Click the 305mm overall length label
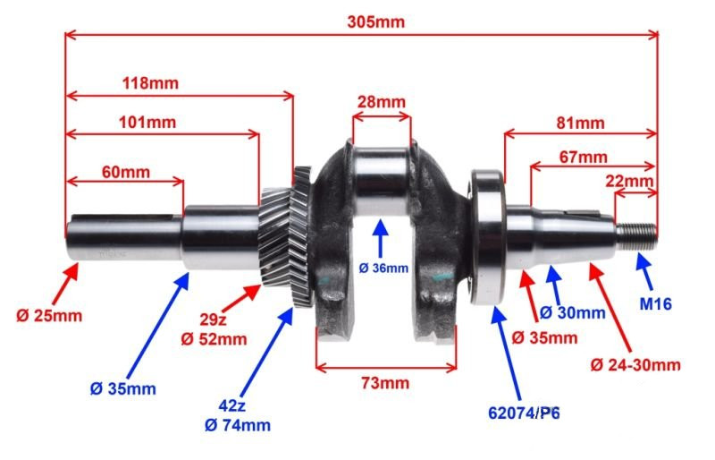coord(375,21)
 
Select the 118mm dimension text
coord(150,83)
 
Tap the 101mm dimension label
coord(147,122)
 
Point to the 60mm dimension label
coord(125,172)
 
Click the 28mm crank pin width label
coord(382,101)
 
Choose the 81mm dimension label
coord(580,123)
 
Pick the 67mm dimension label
coord(584,158)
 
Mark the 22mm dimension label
coord(629,181)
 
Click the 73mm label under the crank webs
coord(385,382)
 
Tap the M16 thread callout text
coord(655,303)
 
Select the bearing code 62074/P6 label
coord(524,413)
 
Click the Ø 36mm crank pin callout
coord(383,268)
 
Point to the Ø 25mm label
coord(49,316)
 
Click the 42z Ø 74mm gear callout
coord(238,415)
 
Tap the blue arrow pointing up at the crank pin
coord(381,238)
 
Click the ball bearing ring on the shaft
coord(487,237)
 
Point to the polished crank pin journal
coord(381,182)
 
